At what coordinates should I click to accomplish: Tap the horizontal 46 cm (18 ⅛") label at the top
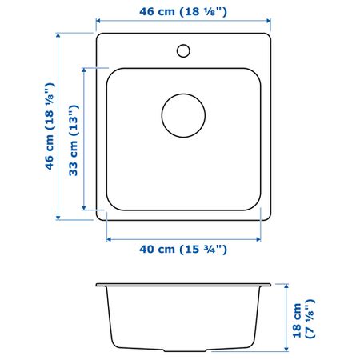pos(183,11)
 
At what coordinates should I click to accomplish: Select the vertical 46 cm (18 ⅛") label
pos(50,126)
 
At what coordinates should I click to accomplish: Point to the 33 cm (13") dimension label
pos(74,141)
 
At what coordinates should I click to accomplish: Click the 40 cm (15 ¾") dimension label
pos(183,250)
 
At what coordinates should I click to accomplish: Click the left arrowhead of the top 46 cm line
pos(98,21)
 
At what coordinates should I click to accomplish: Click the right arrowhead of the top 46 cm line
pos(269,21)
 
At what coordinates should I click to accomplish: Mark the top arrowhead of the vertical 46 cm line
pos(58,35)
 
